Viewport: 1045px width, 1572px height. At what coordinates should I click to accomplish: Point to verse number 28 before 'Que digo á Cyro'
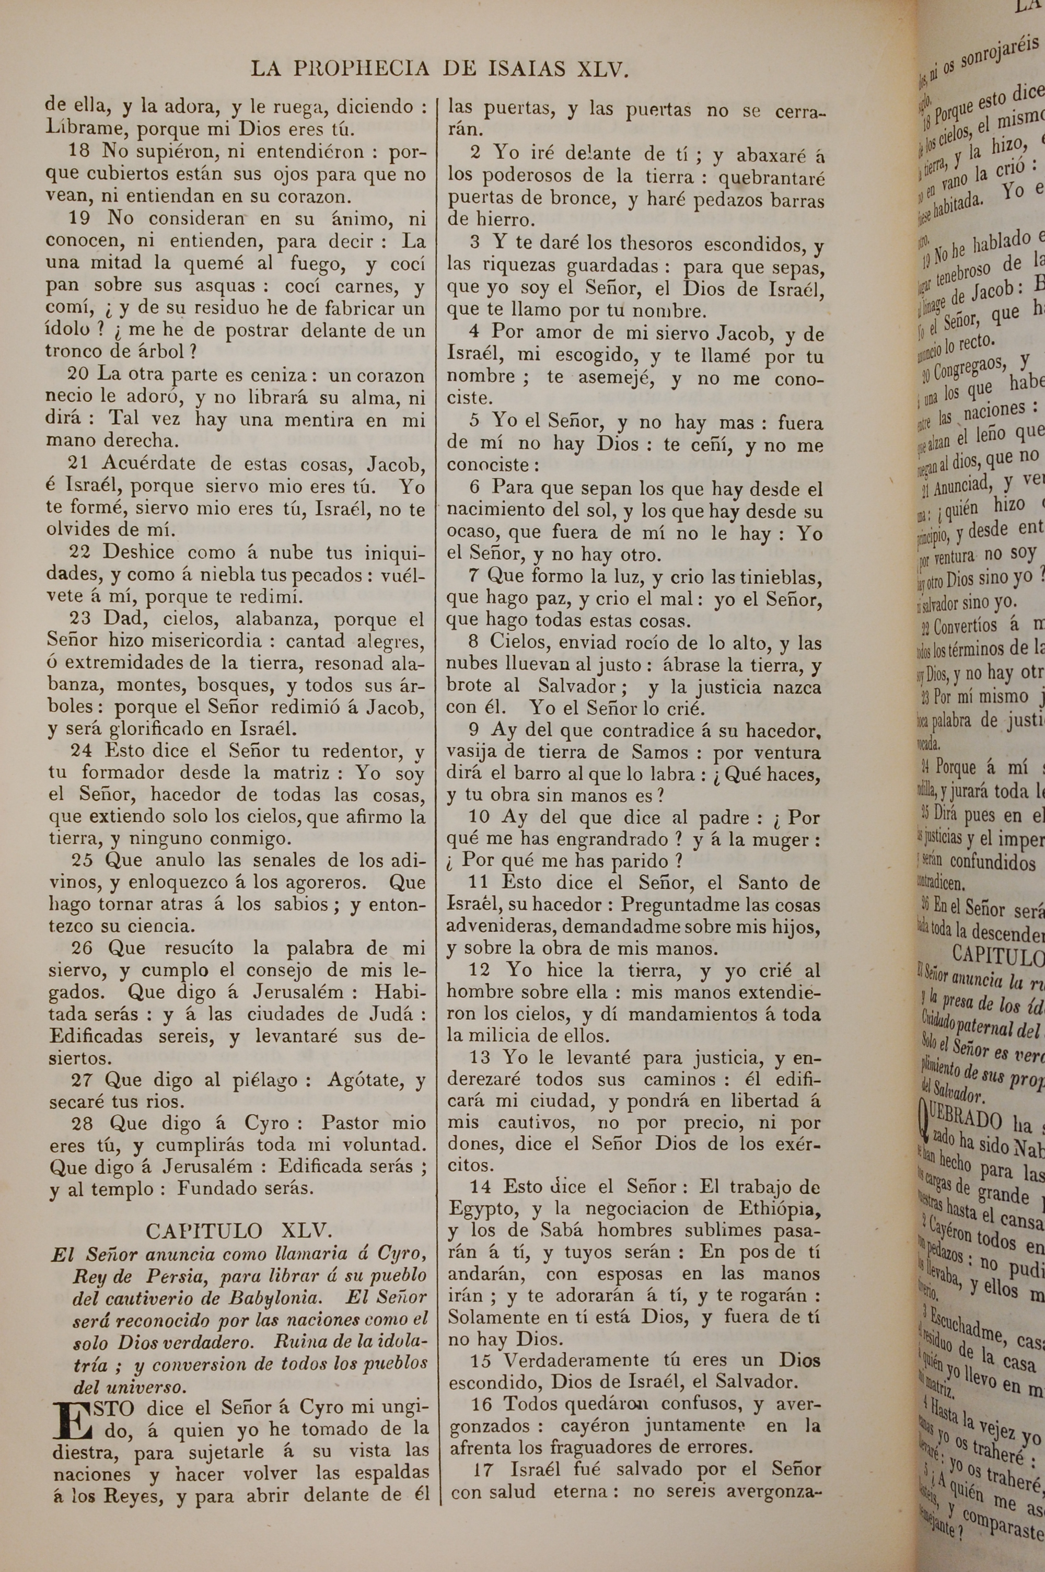point(82,1124)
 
